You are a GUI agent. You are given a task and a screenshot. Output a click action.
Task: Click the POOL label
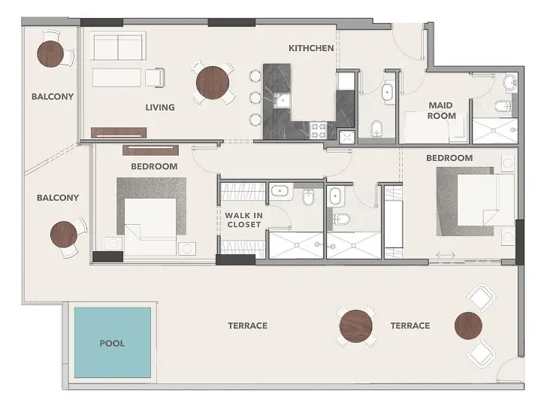tap(112, 344)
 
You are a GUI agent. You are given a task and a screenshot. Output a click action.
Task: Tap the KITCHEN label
tap(311, 48)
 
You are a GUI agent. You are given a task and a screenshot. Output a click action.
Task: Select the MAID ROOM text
tap(441, 111)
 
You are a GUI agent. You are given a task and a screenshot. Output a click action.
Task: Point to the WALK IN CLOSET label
tap(243, 220)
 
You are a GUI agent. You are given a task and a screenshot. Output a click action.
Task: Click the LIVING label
tap(160, 108)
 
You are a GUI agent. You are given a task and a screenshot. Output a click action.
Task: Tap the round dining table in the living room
tap(213, 83)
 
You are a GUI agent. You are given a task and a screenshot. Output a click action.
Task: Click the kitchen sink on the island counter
tap(283, 100)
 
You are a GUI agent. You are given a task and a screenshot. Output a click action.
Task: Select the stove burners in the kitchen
tap(318, 130)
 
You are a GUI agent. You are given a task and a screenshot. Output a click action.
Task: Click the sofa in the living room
tap(119, 47)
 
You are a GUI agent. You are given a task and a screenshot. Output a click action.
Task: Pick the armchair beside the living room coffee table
tap(155, 77)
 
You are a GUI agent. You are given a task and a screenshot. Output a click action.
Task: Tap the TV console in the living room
tap(119, 133)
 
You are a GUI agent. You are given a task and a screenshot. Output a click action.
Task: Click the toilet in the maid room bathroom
tap(503, 106)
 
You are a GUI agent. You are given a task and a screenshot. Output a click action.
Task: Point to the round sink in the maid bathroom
tap(510, 83)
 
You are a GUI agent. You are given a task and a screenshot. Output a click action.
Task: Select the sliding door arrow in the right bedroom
tap(446, 255)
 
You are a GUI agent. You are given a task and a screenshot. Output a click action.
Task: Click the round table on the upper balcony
tap(50, 54)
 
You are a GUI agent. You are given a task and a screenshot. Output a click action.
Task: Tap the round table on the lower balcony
tap(63, 235)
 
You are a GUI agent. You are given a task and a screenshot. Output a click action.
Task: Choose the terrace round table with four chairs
tap(356, 326)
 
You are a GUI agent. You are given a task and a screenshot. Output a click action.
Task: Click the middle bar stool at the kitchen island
tap(255, 98)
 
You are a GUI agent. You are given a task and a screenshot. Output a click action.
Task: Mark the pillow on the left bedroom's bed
tap(132, 232)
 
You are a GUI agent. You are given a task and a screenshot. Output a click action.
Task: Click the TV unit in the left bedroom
tap(150, 150)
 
